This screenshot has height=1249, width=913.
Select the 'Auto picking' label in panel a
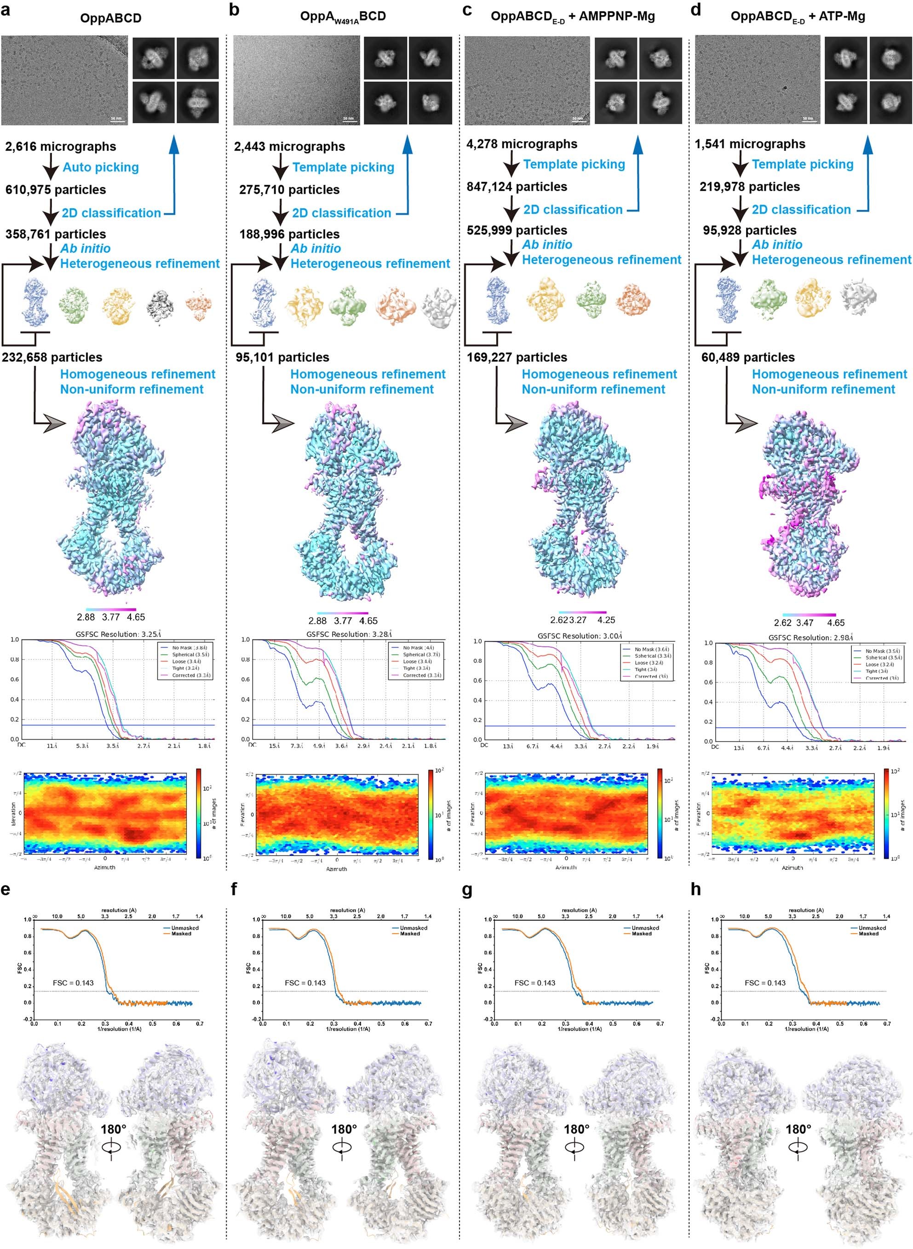pos(101,167)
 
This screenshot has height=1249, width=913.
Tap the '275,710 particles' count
pos(289,190)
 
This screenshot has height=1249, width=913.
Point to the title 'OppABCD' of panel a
pos(110,18)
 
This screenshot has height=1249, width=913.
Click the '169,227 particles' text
pos(517,357)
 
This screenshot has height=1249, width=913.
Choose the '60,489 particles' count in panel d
pos(748,357)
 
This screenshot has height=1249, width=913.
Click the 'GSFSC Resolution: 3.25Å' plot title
pos(118,634)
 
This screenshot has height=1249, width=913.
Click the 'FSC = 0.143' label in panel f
pos(305,983)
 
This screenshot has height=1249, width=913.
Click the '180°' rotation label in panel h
pos(798,1129)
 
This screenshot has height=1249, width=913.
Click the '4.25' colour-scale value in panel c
pos(606,620)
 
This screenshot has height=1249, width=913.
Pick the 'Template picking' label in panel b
pos(343,167)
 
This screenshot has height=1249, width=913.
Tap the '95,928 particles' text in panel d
pos(749,230)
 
